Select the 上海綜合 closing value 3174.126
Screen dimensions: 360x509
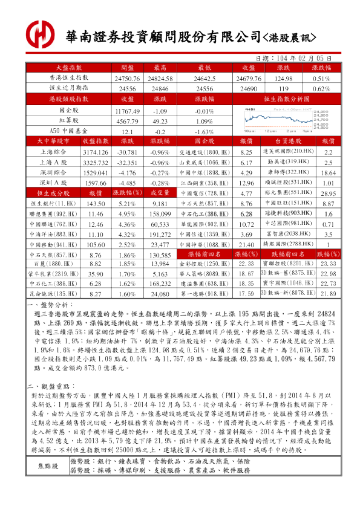tap(94, 151)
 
